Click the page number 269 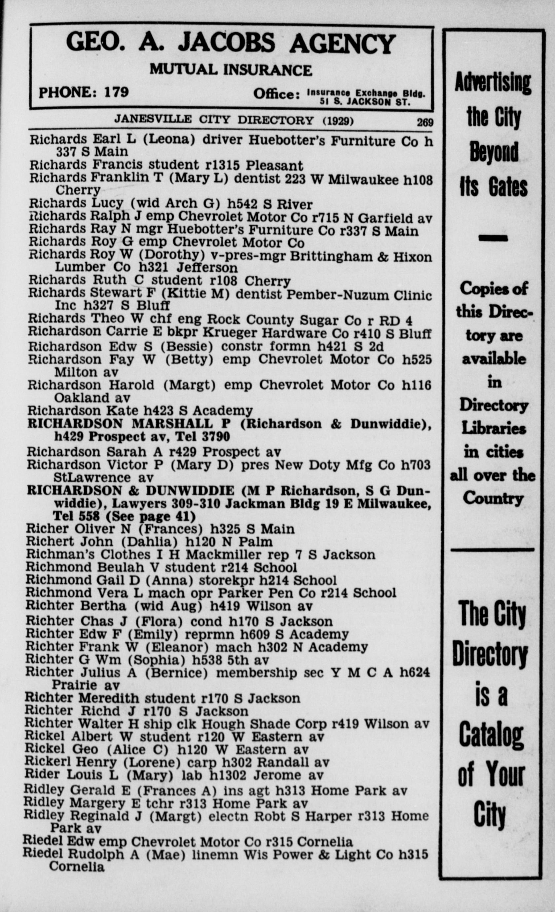pyautogui.click(x=425, y=122)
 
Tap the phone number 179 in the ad pyautogui.click(x=116, y=92)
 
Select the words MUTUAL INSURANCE pyautogui.click(x=231, y=70)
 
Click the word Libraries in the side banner pyautogui.click(x=494, y=429)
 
